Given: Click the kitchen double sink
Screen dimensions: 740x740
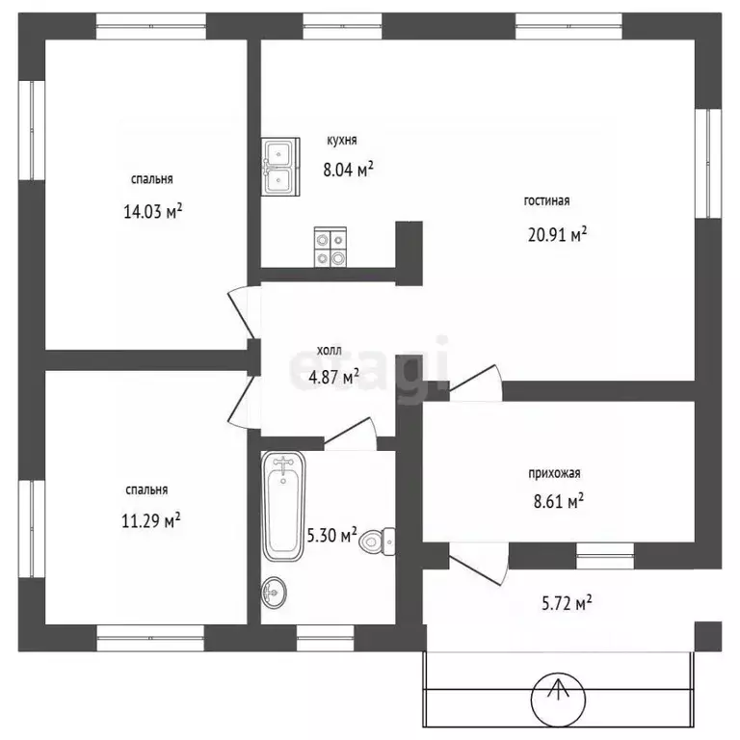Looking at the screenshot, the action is tap(280, 166).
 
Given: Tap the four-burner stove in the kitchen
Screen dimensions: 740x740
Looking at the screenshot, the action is tap(330, 247).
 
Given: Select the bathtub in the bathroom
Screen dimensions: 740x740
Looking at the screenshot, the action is tap(283, 506).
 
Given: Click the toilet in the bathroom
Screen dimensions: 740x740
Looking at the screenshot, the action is tap(377, 542).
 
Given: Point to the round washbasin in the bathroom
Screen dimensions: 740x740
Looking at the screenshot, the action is tap(275, 592).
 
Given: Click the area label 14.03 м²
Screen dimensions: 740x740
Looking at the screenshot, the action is tap(153, 211).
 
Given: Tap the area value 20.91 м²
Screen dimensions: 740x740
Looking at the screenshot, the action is tap(557, 234).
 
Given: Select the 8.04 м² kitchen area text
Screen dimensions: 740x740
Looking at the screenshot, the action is tap(348, 169).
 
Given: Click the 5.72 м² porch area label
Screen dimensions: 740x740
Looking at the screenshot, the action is tap(567, 603).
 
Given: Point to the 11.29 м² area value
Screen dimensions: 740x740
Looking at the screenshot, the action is tap(151, 521).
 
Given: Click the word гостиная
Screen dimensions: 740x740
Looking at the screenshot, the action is tap(546, 201).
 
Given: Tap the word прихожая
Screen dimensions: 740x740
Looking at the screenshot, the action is tap(554, 473).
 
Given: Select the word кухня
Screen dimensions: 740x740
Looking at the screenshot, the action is tap(342, 140).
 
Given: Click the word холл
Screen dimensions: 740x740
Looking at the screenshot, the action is tap(329, 351).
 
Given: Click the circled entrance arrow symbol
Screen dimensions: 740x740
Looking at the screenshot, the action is tap(558, 699).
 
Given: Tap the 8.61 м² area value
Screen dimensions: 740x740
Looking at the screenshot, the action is tap(559, 501).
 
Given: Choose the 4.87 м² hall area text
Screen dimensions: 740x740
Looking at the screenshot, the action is tap(333, 377).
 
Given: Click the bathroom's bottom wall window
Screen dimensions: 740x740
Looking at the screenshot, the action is tap(325, 639).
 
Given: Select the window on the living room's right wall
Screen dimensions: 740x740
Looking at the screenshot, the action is tap(708, 163).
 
